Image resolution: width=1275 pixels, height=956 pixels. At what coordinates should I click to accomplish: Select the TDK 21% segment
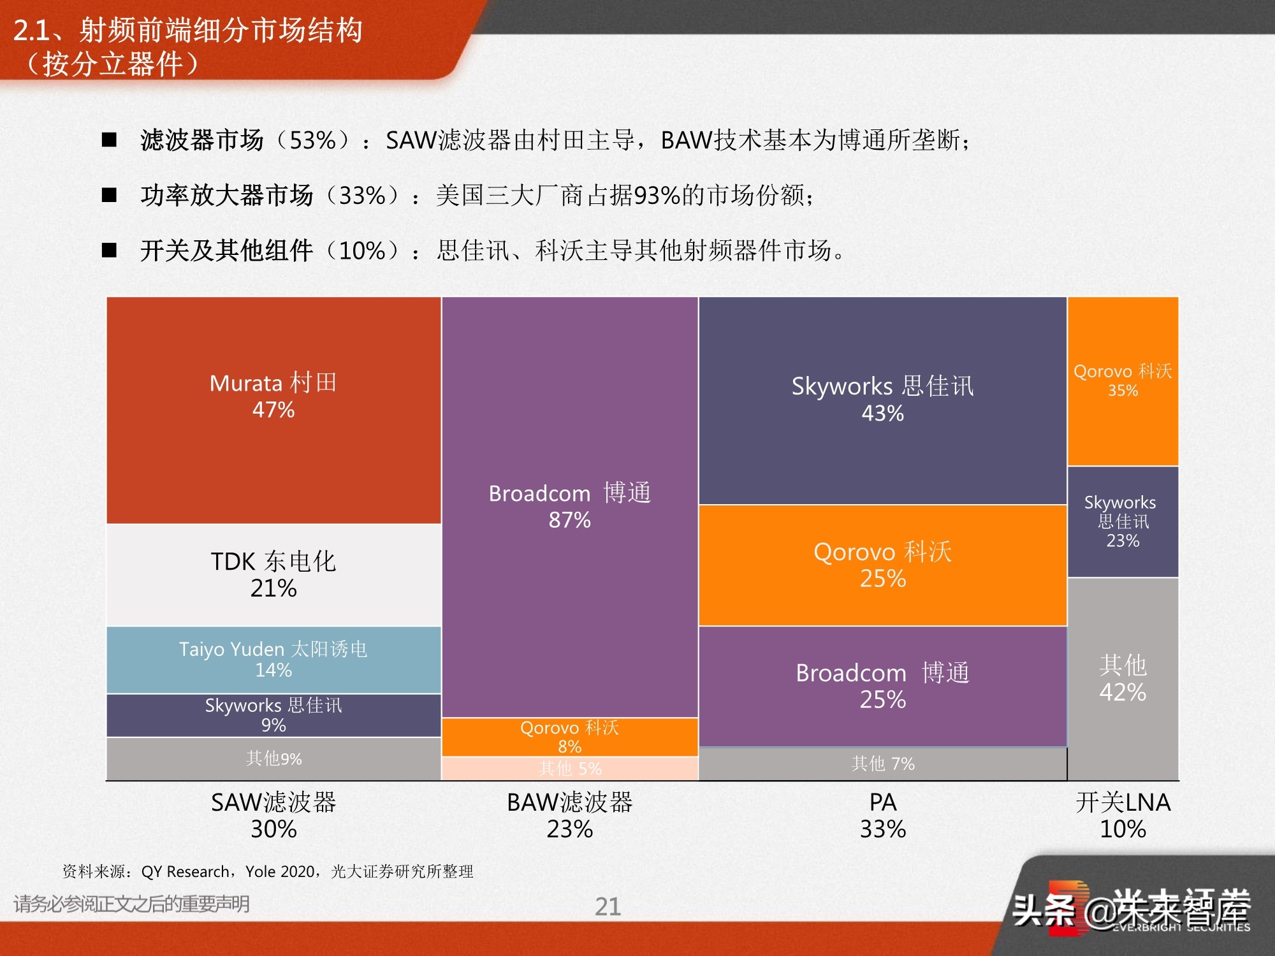click(273, 574)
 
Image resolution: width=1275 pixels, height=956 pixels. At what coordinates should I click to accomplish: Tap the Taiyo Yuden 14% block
click(273, 659)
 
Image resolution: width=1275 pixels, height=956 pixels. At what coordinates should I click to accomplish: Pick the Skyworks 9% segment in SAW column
click(273, 714)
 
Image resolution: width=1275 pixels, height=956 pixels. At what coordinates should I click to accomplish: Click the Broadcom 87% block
click(569, 507)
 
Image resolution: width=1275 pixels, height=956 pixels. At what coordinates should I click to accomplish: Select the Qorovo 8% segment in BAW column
click(569, 737)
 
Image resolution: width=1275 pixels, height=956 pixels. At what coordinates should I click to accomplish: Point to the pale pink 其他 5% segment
click(569, 768)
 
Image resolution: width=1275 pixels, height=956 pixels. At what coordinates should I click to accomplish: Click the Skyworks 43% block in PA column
click(882, 400)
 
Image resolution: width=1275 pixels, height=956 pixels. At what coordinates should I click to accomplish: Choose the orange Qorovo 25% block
click(882, 565)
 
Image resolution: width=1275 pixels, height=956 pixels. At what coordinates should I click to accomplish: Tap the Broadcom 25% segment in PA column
click(882, 686)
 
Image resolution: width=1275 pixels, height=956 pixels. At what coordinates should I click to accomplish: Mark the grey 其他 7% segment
click(882, 763)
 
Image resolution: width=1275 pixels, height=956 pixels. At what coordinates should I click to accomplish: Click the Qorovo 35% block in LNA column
click(1123, 380)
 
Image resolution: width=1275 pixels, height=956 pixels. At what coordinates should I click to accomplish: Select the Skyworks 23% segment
click(1123, 521)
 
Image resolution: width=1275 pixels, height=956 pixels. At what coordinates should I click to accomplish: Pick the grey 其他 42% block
click(1123, 678)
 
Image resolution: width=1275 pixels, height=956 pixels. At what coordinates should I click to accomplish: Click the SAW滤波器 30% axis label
click(273, 815)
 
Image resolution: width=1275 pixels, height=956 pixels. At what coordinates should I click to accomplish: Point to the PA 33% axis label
click(882, 815)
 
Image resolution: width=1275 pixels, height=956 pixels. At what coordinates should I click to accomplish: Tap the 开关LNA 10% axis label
click(1123, 815)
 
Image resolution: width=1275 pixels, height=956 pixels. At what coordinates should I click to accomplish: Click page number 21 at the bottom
click(608, 906)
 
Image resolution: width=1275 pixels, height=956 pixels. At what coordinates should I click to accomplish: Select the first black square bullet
click(110, 140)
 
